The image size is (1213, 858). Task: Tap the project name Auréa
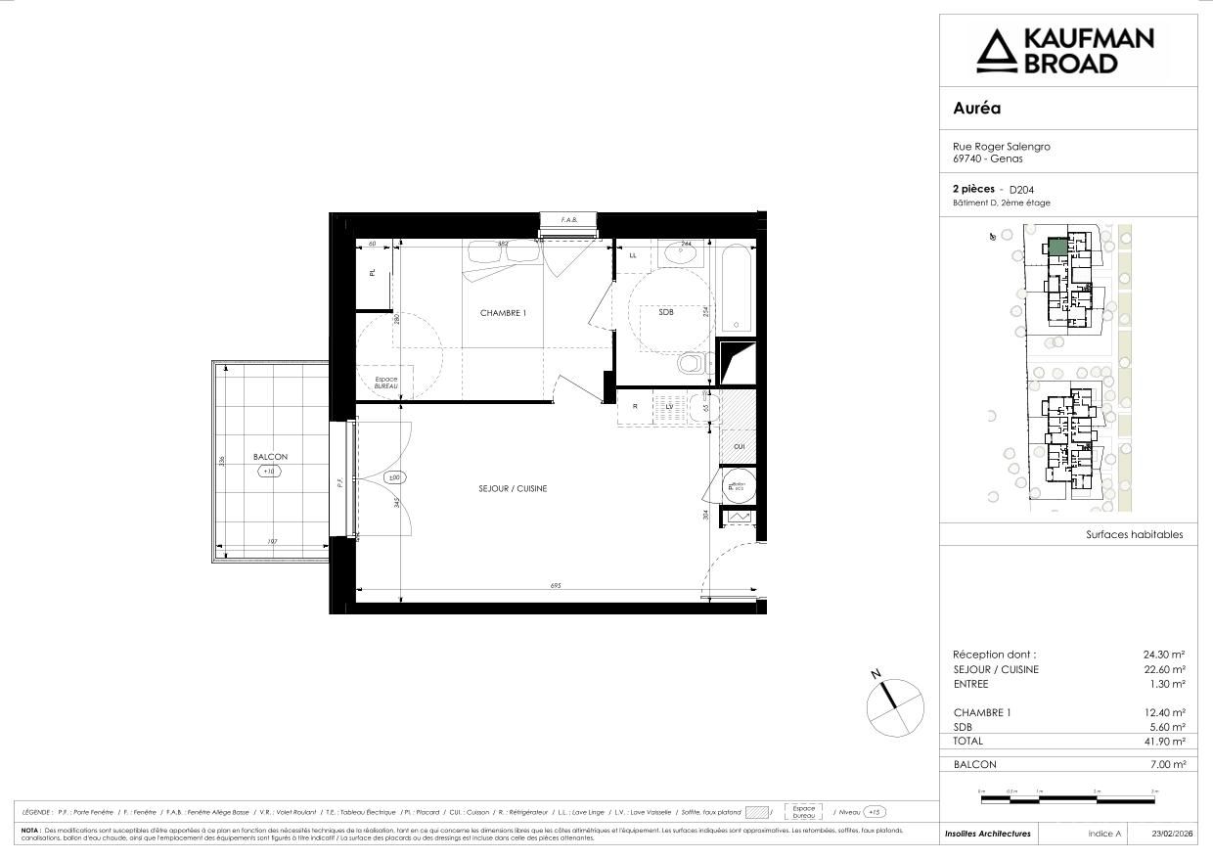click(976, 109)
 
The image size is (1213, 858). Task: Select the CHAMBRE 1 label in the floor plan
click(503, 313)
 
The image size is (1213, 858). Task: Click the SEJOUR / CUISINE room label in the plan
click(513, 488)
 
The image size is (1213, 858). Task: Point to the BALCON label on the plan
click(270, 457)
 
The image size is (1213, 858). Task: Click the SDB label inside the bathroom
click(665, 312)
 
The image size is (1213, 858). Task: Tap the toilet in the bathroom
click(692, 363)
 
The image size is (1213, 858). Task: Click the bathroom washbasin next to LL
click(679, 256)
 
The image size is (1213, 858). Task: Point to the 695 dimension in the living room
click(556, 585)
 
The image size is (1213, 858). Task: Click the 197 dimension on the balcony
click(273, 542)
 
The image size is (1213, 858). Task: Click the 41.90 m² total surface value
click(1165, 743)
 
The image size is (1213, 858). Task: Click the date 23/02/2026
click(1172, 834)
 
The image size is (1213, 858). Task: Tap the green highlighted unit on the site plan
click(1056, 247)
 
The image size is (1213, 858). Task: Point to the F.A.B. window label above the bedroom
click(568, 220)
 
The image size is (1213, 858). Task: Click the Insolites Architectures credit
click(987, 834)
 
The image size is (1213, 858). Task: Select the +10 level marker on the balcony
click(269, 471)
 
